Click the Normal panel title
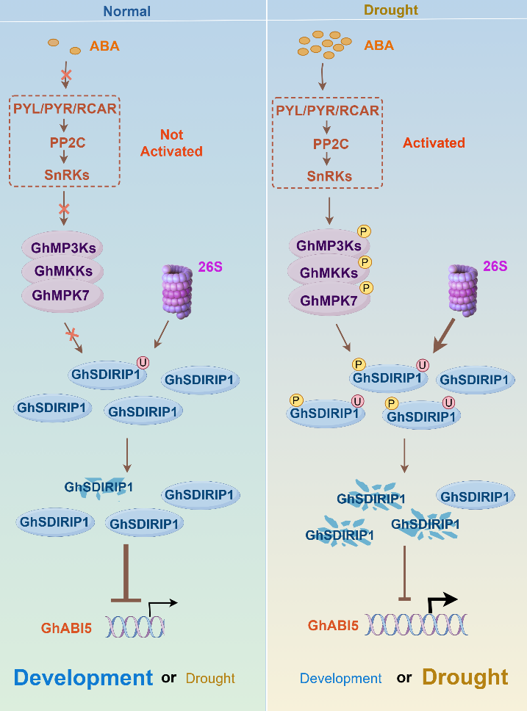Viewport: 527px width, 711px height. click(x=127, y=11)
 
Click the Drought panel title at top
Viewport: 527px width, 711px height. click(x=390, y=10)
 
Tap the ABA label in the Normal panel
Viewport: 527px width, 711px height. click(x=104, y=47)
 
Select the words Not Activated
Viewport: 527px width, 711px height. click(x=171, y=143)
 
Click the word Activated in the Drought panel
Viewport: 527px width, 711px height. click(x=434, y=142)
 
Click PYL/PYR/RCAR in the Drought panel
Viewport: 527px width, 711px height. click(x=328, y=111)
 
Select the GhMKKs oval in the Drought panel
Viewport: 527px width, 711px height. click(x=328, y=273)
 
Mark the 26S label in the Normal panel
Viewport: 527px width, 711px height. click(x=209, y=266)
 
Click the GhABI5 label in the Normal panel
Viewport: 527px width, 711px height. click(x=66, y=627)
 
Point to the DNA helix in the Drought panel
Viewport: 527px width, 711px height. click(x=416, y=625)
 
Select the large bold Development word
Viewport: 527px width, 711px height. click(x=82, y=678)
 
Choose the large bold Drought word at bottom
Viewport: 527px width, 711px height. click(x=465, y=677)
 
